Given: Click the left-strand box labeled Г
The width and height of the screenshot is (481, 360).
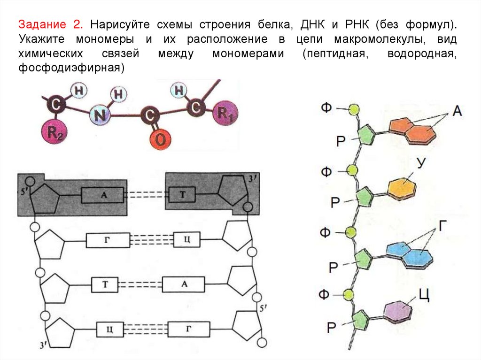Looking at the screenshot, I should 108,241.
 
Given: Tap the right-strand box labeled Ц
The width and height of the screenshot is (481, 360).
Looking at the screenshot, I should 186,240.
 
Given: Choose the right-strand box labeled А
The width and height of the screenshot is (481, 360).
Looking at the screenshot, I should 184,284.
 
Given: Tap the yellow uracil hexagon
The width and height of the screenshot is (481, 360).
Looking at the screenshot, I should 403,188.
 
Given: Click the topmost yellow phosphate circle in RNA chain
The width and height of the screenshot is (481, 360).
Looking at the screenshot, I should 354,109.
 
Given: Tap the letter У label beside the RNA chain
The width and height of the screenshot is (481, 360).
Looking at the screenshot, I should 421,162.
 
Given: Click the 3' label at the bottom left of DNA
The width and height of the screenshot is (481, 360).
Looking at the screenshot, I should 43,345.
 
